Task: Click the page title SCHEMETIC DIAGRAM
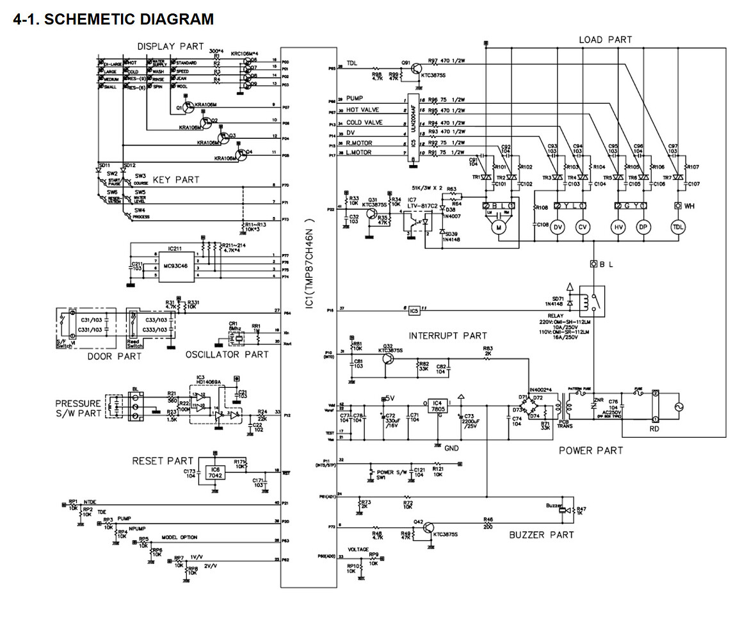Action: [113, 19]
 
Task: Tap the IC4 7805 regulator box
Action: [437, 406]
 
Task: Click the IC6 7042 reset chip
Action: [215, 474]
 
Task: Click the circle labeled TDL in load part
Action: [678, 227]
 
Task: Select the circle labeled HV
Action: [619, 227]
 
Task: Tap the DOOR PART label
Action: [115, 356]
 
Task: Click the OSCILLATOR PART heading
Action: [227, 355]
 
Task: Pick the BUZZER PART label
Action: [542, 534]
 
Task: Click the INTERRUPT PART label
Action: [447, 335]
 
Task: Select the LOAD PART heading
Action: [605, 40]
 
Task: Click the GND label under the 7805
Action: [451, 449]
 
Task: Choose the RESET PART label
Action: [163, 461]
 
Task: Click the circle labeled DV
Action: [557, 227]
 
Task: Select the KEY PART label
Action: [175, 180]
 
